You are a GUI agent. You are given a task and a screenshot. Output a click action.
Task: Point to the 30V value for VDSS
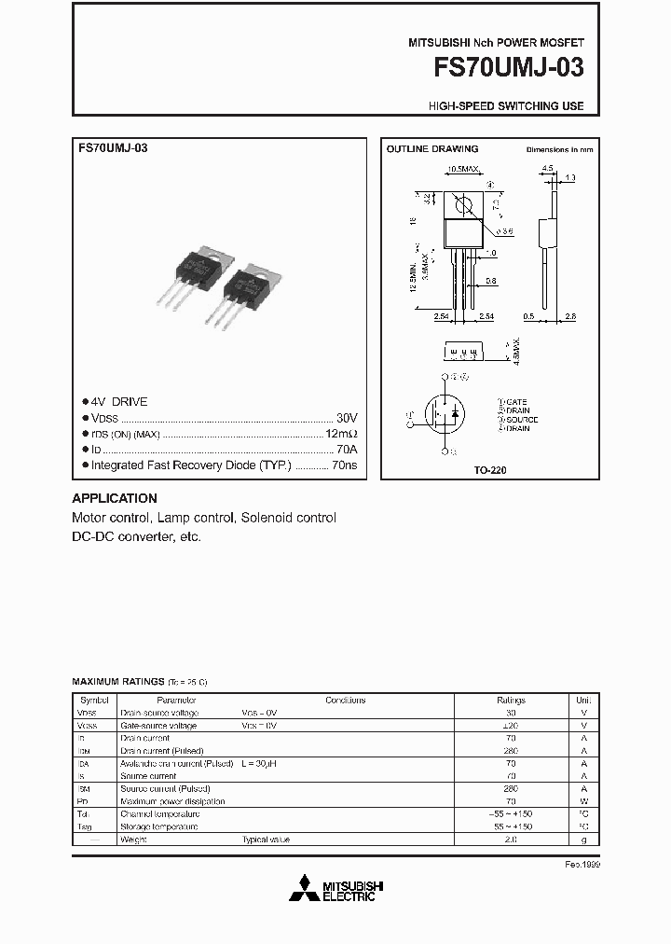coord(347,417)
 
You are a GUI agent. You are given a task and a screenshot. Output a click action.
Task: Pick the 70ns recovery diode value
coord(345,465)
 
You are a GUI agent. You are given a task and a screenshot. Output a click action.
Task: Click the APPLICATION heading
coord(115,498)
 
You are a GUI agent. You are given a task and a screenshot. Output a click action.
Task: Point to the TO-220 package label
coord(490,471)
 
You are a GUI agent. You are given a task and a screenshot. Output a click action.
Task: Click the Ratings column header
coord(511,700)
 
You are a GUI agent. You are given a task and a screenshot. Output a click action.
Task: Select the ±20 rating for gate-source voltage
coord(511,725)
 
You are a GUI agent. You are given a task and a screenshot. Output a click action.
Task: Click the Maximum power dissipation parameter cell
coord(172,801)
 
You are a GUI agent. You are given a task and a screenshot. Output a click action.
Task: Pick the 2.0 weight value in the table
coord(511,840)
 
